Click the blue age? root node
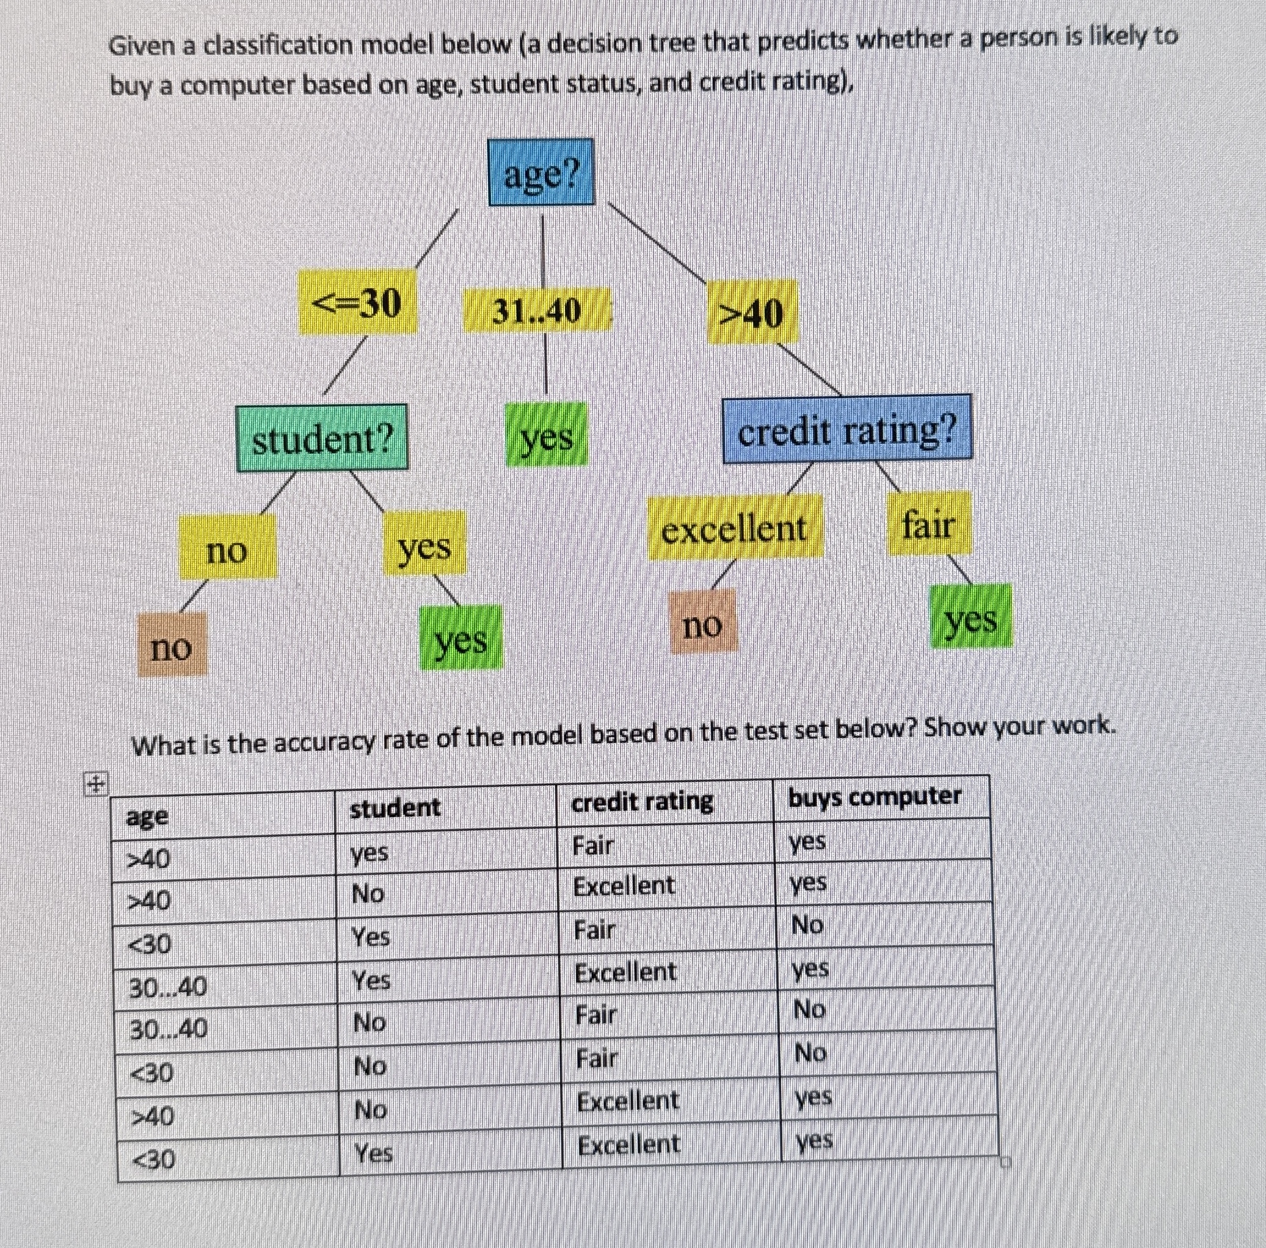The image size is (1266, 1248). tap(541, 173)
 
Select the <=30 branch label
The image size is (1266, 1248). tap(357, 303)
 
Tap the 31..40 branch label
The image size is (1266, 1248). tap(537, 311)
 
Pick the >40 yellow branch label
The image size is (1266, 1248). tap(752, 313)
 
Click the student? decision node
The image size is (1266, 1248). tap(322, 438)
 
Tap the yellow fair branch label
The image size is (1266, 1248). tap(928, 524)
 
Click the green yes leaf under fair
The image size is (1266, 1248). tap(971, 617)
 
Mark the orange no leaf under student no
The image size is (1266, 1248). tap(172, 645)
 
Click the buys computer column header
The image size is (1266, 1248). tap(875, 797)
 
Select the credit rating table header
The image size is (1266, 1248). tap(642, 801)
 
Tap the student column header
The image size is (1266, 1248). tap(395, 808)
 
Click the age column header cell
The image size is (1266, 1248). tap(147, 817)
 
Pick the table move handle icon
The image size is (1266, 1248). tap(95, 784)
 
